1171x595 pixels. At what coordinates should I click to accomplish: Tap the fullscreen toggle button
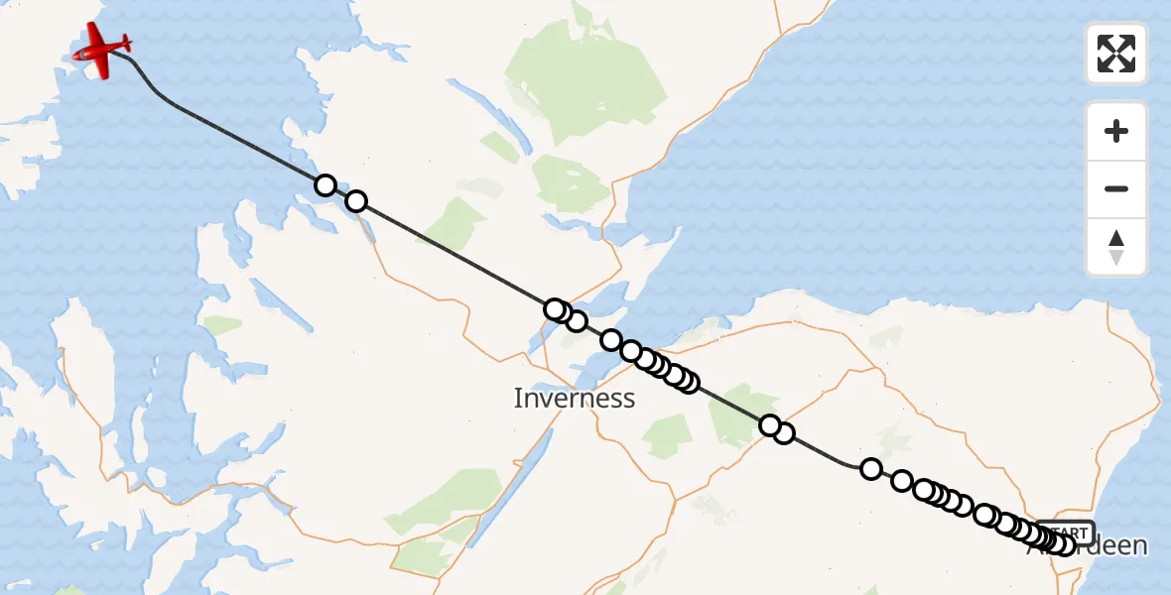[x=1116, y=54]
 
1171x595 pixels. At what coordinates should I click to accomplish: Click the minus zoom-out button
[x=1116, y=188]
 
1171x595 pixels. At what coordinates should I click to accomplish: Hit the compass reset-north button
[x=1116, y=247]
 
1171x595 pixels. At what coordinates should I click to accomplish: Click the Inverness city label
[x=574, y=399]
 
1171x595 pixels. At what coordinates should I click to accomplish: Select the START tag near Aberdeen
[x=1068, y=532]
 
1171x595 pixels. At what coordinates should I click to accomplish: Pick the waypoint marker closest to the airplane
[x=325, y=185]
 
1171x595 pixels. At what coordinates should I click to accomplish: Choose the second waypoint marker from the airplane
[x=355, y=202]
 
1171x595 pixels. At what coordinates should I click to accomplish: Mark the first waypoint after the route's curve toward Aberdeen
[x=870, y=469]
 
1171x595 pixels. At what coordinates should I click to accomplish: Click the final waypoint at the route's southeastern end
[x=1065, y=544]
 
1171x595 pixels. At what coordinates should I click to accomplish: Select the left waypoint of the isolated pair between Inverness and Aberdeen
[x=769, y=425]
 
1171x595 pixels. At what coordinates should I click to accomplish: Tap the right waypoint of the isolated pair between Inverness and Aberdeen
[x=784, y=433]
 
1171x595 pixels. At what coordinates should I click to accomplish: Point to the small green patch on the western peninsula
[x=222, y=325]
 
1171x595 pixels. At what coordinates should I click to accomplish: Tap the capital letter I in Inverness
[x=518, y=399]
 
